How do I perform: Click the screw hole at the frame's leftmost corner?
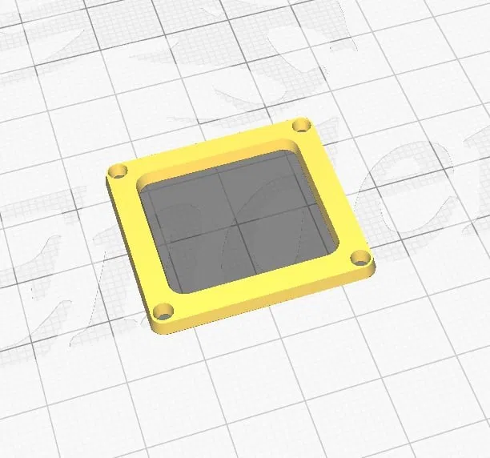tap(119, 171)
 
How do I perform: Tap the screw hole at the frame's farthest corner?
tap(301, 125)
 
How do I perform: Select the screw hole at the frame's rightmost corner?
tap(360, 258)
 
